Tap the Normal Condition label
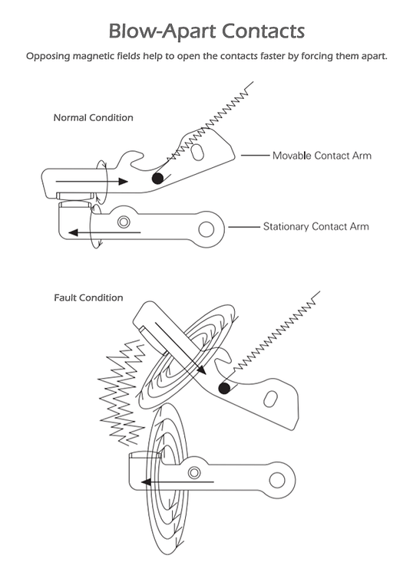coord(93,117)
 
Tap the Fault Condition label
coord(88,297)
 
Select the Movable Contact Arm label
coord(322,156)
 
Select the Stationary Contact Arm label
coord(316,227)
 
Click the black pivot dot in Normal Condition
coord(157,178)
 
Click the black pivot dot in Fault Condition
coord(223,389)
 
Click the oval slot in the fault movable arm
coord(270,399)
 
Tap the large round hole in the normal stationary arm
coord(205,229)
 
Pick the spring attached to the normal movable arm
coord(207,122)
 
